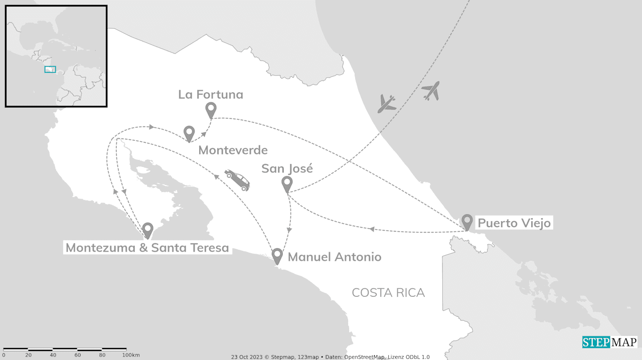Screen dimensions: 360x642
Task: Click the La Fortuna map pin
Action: [x=211, y=109]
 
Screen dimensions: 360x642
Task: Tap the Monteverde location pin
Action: [x=189, y=133]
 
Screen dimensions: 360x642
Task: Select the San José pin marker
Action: [x=287, y=184]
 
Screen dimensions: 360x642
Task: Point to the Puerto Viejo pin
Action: [x=467, y=221]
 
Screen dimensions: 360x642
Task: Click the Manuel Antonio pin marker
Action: [x=277, y=255]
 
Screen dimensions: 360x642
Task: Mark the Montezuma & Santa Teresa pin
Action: [x=147, y=230]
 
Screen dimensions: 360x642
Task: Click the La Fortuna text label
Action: [x=211, y=94]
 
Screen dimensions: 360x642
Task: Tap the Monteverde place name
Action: [x=233, y=150]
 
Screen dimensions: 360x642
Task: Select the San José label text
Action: [x=287, y=168]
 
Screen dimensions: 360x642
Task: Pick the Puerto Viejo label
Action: [x=514, y=223]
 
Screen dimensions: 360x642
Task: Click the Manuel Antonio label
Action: [x=335, y=257]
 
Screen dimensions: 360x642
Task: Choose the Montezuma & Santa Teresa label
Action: [x=147, y=248]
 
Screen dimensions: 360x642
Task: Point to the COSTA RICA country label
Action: [x=388, y=293]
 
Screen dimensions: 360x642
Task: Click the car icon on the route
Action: [x=238, y=179]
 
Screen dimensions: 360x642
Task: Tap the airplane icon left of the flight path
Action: [x=387, y=104]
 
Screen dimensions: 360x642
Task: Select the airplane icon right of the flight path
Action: [x=431, y=91]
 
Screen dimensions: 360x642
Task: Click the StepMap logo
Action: [x=609, y=342]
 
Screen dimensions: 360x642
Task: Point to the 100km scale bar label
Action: [x=131, y=355]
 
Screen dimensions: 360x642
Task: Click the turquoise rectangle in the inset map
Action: [x=50, y=69]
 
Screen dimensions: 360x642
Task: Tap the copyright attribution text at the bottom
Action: [x=330, y=357]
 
